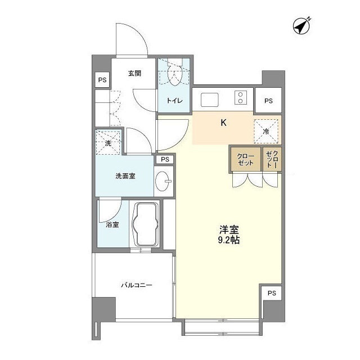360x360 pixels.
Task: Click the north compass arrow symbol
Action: (x=303, y=26)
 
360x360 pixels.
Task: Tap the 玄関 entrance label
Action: (x=134, y=73)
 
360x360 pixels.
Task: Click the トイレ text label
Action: (x=173, y=101)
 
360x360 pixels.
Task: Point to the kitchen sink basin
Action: (x=210, y=99)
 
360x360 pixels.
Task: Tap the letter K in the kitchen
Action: (x=223, y=123)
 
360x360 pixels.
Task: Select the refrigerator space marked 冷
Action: (x=266, y=131)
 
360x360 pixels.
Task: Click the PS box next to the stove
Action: (x=268, y=101)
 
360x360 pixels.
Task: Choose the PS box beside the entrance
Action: (x=102, y=80)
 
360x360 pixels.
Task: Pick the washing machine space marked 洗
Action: (x=109, y=143)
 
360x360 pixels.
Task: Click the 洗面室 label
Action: (x=125, y=176)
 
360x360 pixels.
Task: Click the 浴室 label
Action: (x=112, y=225)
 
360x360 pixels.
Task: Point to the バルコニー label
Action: (x=137, y=285)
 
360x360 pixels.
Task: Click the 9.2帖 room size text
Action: (x=229, y=240)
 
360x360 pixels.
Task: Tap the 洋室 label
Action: (x=229, y=229)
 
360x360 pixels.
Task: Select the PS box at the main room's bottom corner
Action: (x=272, y=293)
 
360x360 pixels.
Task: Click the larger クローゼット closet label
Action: (x=245, y=159)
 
